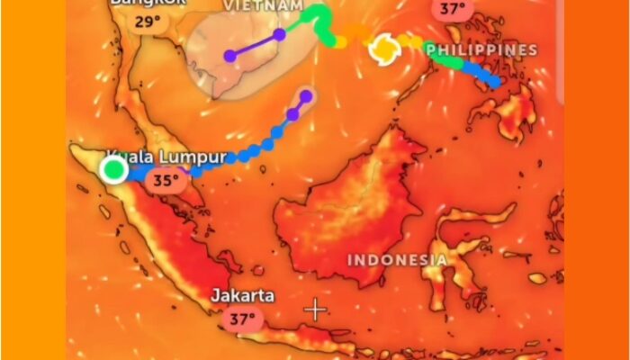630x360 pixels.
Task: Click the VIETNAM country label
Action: (263, 5)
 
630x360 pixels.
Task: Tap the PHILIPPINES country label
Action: (481, 49)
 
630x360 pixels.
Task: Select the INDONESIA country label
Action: (397, 260)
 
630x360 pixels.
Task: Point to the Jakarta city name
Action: (243, 295)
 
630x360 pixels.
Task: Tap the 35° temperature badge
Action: (166, 180)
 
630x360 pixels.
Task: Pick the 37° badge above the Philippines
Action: (453, 10)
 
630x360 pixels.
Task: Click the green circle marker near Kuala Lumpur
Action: (114, 168)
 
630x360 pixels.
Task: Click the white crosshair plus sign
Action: (315, 310)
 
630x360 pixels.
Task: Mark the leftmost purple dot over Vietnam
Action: (230, 56)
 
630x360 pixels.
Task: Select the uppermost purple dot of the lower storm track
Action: (306, 95)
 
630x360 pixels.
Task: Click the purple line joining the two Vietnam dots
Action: (255, 45)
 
